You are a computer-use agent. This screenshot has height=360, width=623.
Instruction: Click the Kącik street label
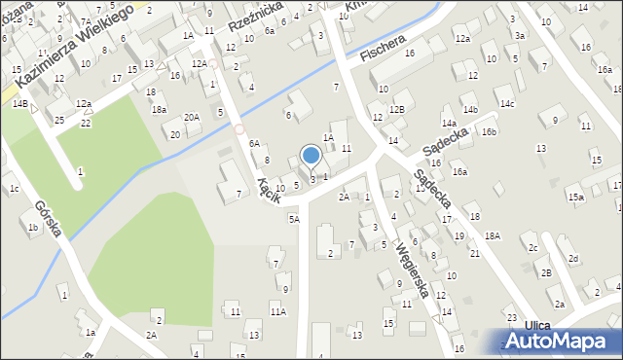pos(269,190)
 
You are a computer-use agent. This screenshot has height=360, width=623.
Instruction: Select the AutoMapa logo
pos(558,341)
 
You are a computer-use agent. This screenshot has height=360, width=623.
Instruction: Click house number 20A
pos(192,118)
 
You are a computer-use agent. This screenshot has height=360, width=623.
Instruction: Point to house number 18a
pos(159,110)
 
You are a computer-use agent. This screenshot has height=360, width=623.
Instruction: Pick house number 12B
pos(395,109)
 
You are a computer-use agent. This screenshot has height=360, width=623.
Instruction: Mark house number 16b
pos(488,131)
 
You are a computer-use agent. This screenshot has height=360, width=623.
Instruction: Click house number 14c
pos(506,103)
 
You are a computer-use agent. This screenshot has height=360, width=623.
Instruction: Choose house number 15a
pos(575,198)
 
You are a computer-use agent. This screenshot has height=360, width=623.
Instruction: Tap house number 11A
pos(277,311)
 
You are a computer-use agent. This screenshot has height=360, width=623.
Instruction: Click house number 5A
pos(293,219)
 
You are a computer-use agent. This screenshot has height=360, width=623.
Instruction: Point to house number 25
pos(59,120)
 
